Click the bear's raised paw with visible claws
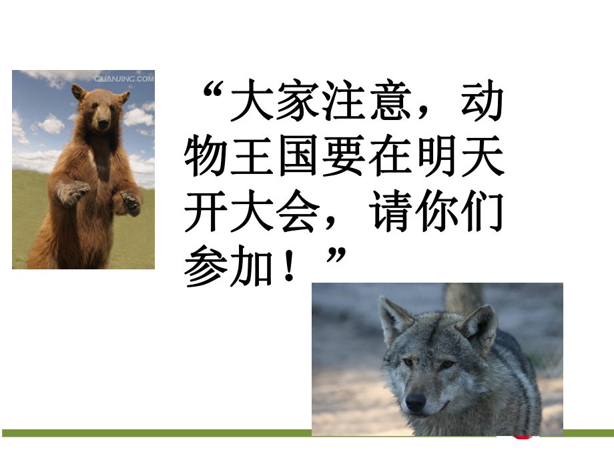[74, 192]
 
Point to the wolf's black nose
[415, 401]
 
